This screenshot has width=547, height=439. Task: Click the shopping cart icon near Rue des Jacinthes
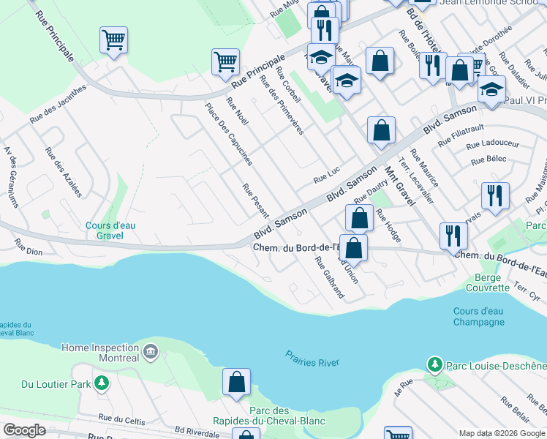tap(113, 40)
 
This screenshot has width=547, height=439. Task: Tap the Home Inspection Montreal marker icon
tap(151, 353)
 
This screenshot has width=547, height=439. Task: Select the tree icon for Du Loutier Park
tap(102, 383)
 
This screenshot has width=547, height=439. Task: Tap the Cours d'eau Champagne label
tap(479, 317)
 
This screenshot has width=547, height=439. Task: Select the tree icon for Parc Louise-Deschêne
tap(435, 364)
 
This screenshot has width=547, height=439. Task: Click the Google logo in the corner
tap(24, 430)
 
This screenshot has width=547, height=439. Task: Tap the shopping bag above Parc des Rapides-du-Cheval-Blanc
tap(237, 382)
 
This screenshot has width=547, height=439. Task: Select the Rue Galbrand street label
tap(330, 277)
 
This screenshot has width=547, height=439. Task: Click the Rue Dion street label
tap(29, 249)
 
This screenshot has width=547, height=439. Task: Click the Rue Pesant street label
tap(256, 200)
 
